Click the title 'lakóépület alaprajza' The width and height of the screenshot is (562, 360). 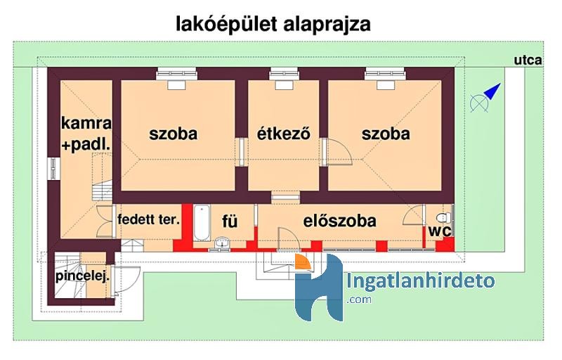tap(273, 25)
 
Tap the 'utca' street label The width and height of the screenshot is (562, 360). tap(528, 60)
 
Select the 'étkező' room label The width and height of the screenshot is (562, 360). tap(284, 134)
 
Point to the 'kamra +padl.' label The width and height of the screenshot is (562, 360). tap(86, 134)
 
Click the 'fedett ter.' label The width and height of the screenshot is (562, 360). tap(149, 219)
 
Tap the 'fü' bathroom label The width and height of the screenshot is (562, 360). tap(230, 221)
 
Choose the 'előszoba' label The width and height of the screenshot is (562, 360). tap(340, 221)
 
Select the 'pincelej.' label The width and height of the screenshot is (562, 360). tap(82, 276)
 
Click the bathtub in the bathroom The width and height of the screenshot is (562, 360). tap(202, 223)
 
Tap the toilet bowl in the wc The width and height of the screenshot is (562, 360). tap(444, 218)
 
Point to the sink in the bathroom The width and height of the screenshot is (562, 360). tap(222, 243)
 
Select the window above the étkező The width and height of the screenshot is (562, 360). tap(284, 73)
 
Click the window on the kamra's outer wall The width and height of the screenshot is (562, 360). tap(54, 169)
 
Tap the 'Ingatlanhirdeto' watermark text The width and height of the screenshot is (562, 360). tap(421, 281)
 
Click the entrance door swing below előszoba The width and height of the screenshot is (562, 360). tap(289, 238)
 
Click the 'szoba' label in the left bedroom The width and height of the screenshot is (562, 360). tap(173, 134)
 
